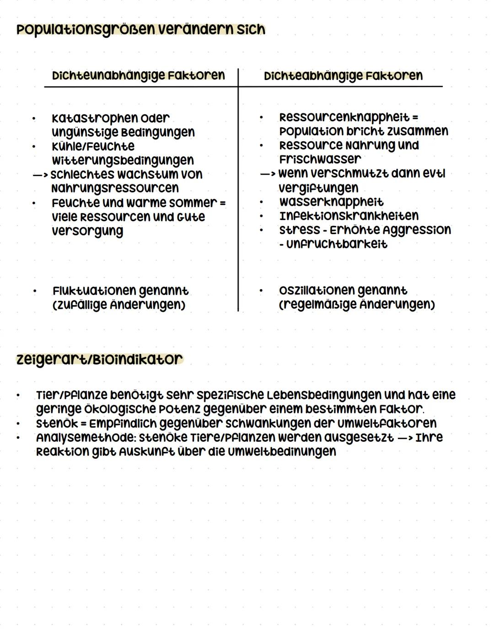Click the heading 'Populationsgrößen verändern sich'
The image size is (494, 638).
pyautogui.click(x=140, y=30)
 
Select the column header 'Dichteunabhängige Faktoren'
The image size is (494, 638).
pyautogui.click(x=138, y=75)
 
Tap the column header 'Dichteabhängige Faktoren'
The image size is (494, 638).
pyautogui.click(x=343, y=76)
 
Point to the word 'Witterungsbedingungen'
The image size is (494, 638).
pyautogui.click(x=123, y=161)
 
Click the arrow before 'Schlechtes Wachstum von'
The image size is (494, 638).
pyautogui.click(x=40, y=175)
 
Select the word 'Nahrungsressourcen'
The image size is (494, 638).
pyautogui.click(x=115, y=188)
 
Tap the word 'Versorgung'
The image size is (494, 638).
pyautogui.click(x=87, y=231)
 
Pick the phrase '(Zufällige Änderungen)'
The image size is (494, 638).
pyautogui.click(x=119, y=305)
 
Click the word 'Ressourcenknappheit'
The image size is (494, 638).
pyautogui.click(x=344, y=118)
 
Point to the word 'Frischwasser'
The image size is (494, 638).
pyautogui.click(x=320, y=160)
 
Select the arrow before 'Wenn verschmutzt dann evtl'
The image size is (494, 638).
pyautogui.click(x=268, y=174)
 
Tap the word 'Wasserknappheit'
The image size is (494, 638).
pyautogui.click(x=331, y=202)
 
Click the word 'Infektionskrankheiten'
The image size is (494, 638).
pyautogui.click(x=349, y=216)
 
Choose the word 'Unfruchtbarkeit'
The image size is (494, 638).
pyautogui.click(x=337, y=244)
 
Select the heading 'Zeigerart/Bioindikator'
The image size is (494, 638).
pyautogui.click(x=99, y=359)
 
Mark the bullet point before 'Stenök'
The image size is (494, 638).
pyautogui.click(x=19, y=424)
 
